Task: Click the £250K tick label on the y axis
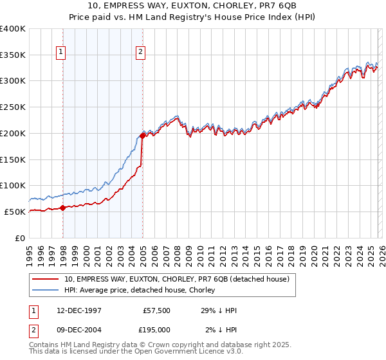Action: tap(13, 107)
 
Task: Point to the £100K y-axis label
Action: tap(13, 185)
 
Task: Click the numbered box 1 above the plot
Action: tap(61, 53)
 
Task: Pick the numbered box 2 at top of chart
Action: tap(140, 53)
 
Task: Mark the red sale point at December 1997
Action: tap(62, 208)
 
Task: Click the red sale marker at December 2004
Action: tap(142, 136)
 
